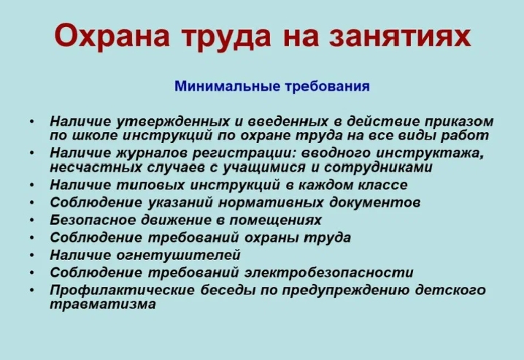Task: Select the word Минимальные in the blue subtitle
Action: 228,86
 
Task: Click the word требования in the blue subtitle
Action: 327,86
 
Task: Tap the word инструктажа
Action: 431,153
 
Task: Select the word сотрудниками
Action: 378,167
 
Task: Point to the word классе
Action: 383,185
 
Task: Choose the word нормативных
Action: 271,202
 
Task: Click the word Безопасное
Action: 93,220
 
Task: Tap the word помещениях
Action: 275,221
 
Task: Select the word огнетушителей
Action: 179,256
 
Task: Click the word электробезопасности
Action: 329,272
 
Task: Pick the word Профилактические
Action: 123,290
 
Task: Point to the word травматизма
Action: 103,305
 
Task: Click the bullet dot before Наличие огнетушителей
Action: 32,256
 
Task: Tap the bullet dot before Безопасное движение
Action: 32,221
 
